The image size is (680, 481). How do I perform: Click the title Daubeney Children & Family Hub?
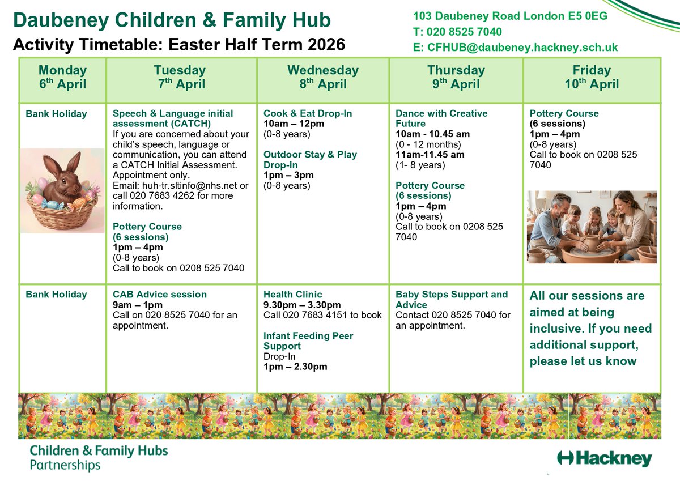click(172, 21)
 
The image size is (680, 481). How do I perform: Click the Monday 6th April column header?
click(62, 78)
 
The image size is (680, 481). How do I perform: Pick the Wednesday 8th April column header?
click(323, 78)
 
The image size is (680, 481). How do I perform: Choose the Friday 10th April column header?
click(592, 78)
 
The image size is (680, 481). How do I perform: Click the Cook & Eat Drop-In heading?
click(308, 113)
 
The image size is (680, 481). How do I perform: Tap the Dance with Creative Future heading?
click(441, 118)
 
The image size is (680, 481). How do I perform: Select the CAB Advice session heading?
click(160, 295)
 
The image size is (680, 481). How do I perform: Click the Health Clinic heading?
click(292, 295)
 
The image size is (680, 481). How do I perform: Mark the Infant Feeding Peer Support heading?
click(308, 340)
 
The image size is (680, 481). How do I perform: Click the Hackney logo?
click(604, 458)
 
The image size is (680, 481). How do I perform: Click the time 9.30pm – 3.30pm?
click(302, 305)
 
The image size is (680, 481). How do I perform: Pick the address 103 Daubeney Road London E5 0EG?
click(510, 16)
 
